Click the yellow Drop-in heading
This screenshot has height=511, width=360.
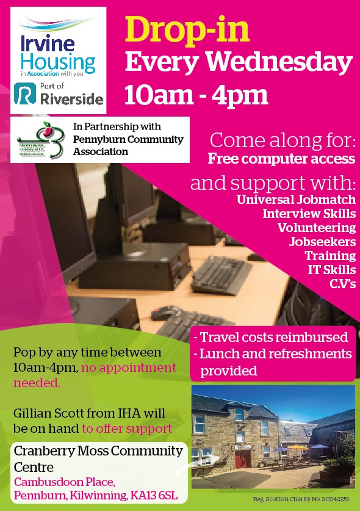coord(187,32)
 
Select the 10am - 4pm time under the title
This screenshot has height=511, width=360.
coord(196,95)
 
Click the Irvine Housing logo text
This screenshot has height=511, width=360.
coord(58,54)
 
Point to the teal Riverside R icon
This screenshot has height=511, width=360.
coord(25,93)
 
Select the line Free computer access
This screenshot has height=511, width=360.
coord(281,159)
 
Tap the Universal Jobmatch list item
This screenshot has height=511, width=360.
coord(296,200)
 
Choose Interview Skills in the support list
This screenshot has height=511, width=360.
coord(309,214)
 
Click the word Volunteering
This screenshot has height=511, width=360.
coord(317,228)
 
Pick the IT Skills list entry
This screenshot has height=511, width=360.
coord(332,269)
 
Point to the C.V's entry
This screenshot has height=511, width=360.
coord(342,283)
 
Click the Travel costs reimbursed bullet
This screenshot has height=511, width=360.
coord(271,337)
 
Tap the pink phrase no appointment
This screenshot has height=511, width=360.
coord(129,368)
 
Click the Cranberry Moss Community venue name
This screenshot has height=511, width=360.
coord(98,451)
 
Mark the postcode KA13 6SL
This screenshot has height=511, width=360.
coord(154,496)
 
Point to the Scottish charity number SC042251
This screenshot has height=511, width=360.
coord(335,499)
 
